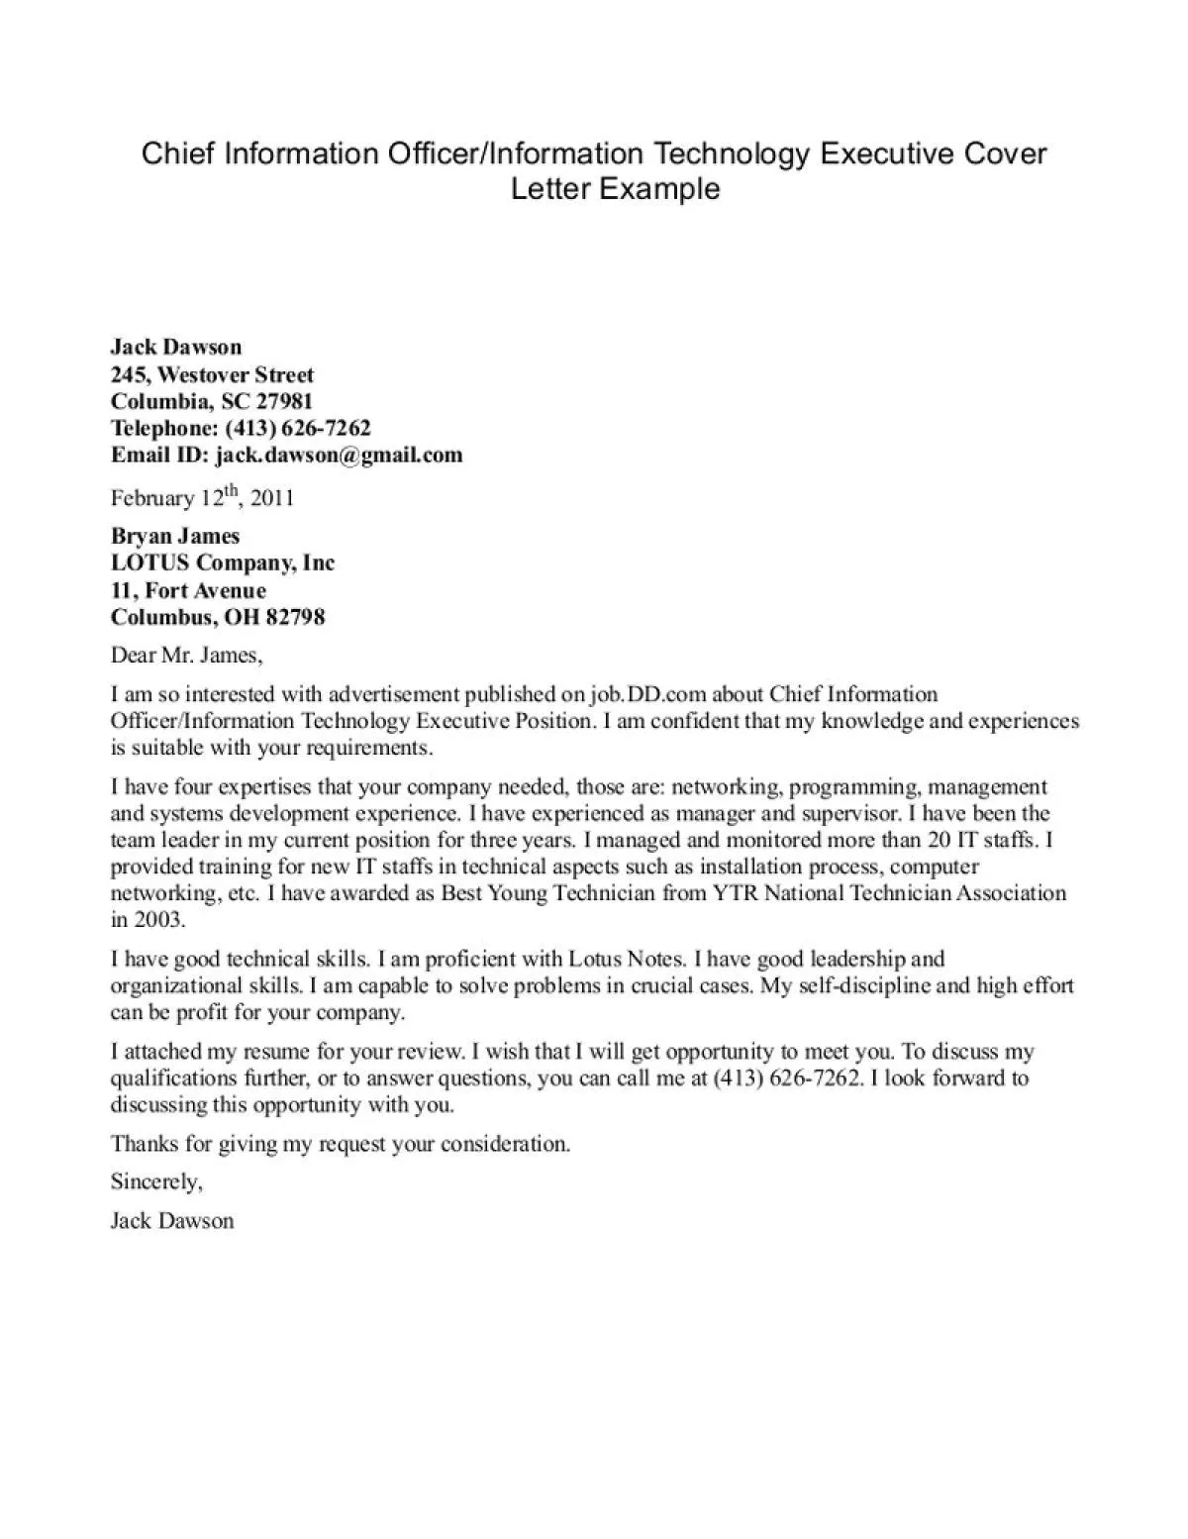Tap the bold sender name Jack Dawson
click(176, 347)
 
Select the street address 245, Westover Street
click(212, 374)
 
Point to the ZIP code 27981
click(284, 401)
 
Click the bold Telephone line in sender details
click(241, 428)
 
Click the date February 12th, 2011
click(202, 496)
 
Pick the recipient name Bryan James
click(175, 536)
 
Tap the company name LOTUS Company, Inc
click(223, 563)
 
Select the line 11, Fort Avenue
click(188, 590)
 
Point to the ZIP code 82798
click(294, 617)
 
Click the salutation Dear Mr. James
click(186, 655)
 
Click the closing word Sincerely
click(156, 1181)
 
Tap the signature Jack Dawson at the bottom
click(172, 1220)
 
